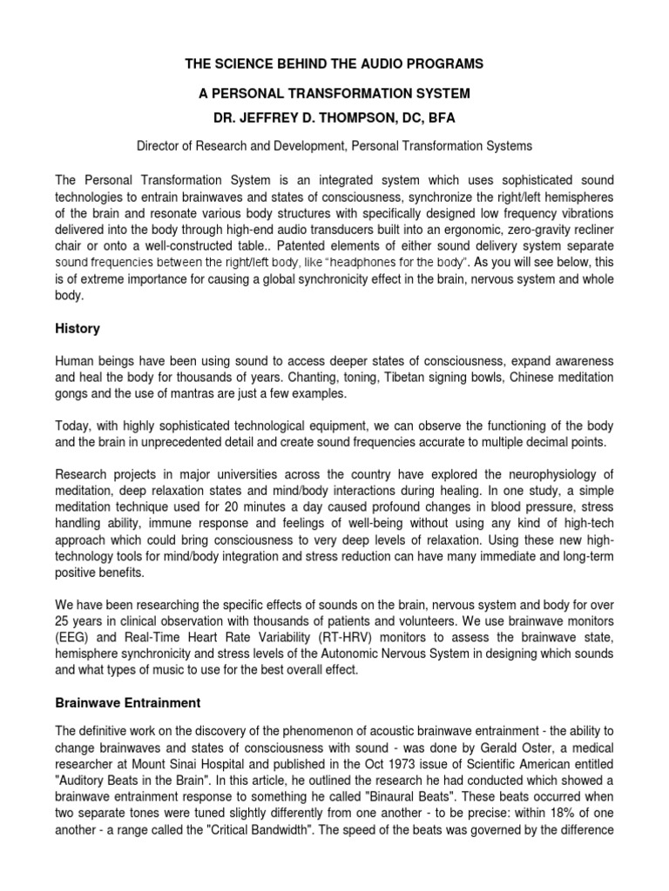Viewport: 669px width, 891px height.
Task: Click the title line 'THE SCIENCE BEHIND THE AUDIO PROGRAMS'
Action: pos(334,65)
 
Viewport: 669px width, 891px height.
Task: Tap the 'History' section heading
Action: pos(78,329)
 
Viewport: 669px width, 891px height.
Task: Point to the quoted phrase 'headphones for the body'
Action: pos(408,262)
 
